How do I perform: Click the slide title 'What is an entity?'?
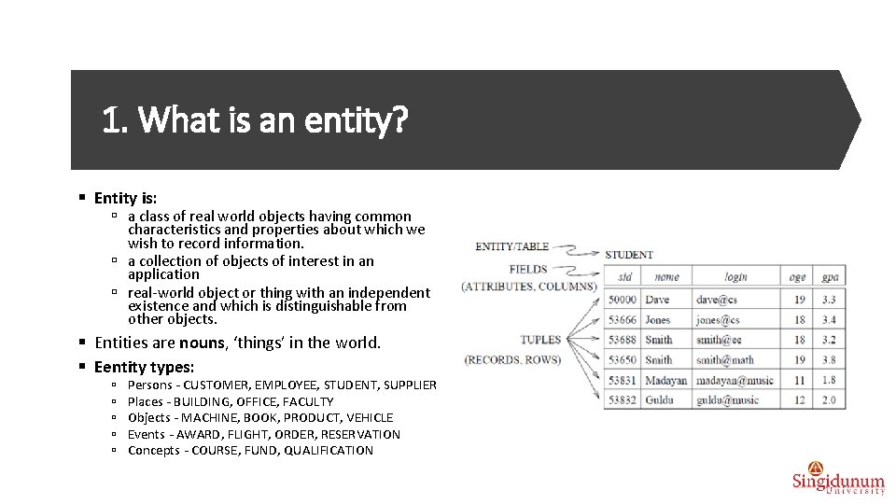tap(255, 120)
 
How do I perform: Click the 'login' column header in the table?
tap(735, 276)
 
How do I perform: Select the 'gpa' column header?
tap(829, 276)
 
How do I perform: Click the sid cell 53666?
tap(622, 319)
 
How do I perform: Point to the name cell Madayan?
tap(665, 380)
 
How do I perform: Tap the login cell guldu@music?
tap(727, 399)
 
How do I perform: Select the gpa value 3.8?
tap(829, 359)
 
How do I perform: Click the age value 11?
tap(799, 380)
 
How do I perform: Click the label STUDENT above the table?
tap(629, 254)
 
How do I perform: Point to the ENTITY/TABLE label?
tap(511, 246)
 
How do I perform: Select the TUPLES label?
tap(540, 340)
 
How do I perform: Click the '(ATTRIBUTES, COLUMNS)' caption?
tap(528, 287)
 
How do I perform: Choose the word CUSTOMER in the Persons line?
tap(217, 385)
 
